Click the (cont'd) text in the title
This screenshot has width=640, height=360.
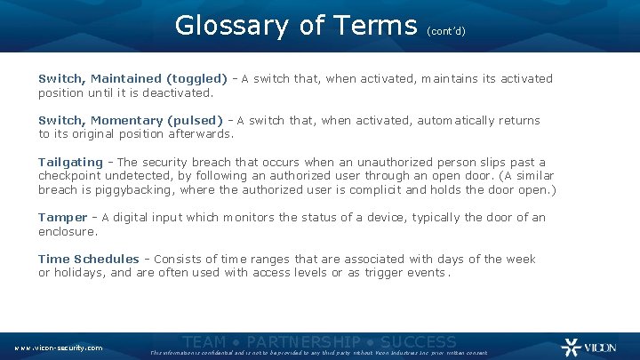pyautogui.click(x=446, y=29)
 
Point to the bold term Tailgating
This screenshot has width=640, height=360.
pyautogui.click(x=70, y=162)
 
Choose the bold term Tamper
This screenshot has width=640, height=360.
pyautogui.click(x=62, y=218)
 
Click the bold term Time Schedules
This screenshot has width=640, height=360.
pyautogui.click(x=88, y=260)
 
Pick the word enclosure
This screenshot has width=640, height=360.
pyautogui.click(x=67, y=231)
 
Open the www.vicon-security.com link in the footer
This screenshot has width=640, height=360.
pyautogui.click(x=58, y=348)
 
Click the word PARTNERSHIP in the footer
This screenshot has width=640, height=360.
pyautogui.click(x=303, y=342)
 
